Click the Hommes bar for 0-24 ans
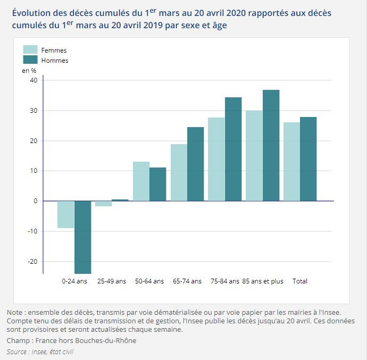[83, 237]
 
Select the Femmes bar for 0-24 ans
[66, 214]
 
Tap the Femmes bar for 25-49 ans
[103, 204]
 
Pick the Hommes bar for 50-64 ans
[158, 184]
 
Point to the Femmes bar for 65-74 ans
[179, 172]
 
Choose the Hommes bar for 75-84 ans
[233, 149]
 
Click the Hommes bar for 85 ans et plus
[271, 145]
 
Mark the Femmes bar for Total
[291, 162]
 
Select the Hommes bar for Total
[308, 159]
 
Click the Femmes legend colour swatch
[30, 50]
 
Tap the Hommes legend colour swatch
[30, 60]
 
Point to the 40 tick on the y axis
[34, 80]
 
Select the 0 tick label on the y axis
[35, 201]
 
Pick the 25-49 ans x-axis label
[112, 281]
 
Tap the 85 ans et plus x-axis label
[263, 281]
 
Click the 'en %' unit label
[29, 70]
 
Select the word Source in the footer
[16, 351]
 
